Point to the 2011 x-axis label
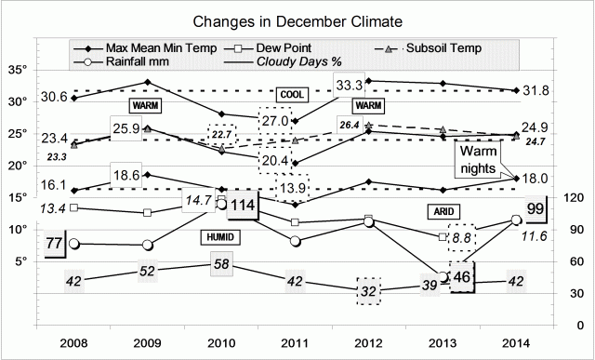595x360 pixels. (295, 341)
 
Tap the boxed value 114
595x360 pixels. (244, 206)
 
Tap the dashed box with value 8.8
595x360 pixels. (461, 239)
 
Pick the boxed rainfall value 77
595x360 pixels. (54, 244)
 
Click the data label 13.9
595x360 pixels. (288, 188)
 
